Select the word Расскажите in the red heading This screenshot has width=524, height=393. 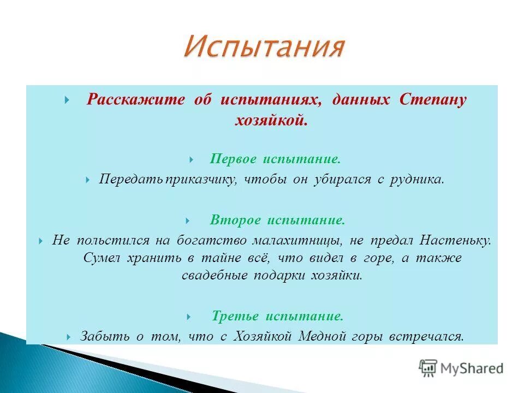(136, 99)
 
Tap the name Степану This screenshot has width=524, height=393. (433, 100)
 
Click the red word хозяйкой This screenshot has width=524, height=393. (271, 120)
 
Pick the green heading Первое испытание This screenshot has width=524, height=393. (275, 159)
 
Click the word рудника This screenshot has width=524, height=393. (416, 180)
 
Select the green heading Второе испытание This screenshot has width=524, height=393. (277, 220)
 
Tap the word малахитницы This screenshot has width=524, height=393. (297, 241)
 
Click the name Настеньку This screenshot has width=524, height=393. (455, 241)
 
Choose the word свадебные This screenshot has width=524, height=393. (215, 275)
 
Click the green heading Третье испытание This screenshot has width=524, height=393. (277, 316)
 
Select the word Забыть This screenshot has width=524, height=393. (105, 336)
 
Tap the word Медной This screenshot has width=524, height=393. (322, 336)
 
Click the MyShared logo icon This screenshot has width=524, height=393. (428, 368)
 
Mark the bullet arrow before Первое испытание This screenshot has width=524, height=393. (192, 159)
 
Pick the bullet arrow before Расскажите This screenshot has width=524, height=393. (67, 99)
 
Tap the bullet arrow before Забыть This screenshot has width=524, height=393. (69, 337)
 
